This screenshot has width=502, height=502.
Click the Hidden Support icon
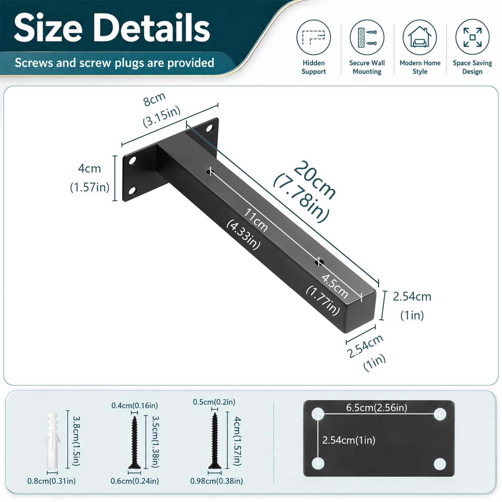313,37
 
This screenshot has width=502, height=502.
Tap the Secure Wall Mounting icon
367,37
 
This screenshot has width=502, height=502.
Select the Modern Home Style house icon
420,37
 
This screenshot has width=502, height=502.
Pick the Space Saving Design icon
473,37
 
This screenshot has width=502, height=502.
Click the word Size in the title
48,28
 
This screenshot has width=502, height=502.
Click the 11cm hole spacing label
256,220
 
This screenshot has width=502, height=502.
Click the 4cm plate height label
89,168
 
